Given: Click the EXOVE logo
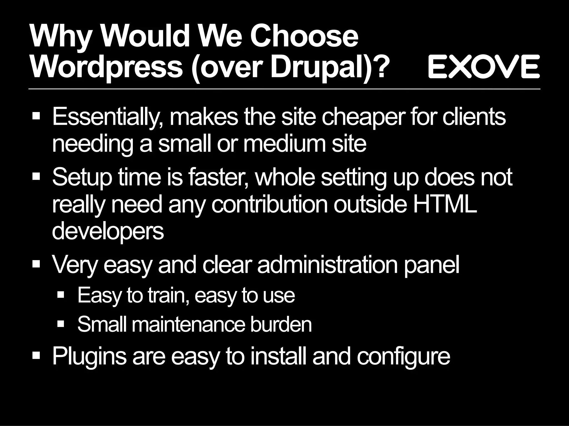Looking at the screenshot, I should (x=484, y=67).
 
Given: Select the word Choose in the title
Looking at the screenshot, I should (x=304, y=37).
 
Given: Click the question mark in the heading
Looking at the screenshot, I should (x=379, y=67).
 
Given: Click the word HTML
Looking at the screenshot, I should (x=445, y=204).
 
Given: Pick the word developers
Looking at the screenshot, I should (x=108, y=232).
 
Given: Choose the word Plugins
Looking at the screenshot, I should (x=89, y=356).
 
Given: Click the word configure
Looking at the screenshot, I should (x=403, y=356).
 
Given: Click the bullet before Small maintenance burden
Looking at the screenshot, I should (x=61, y=323).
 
